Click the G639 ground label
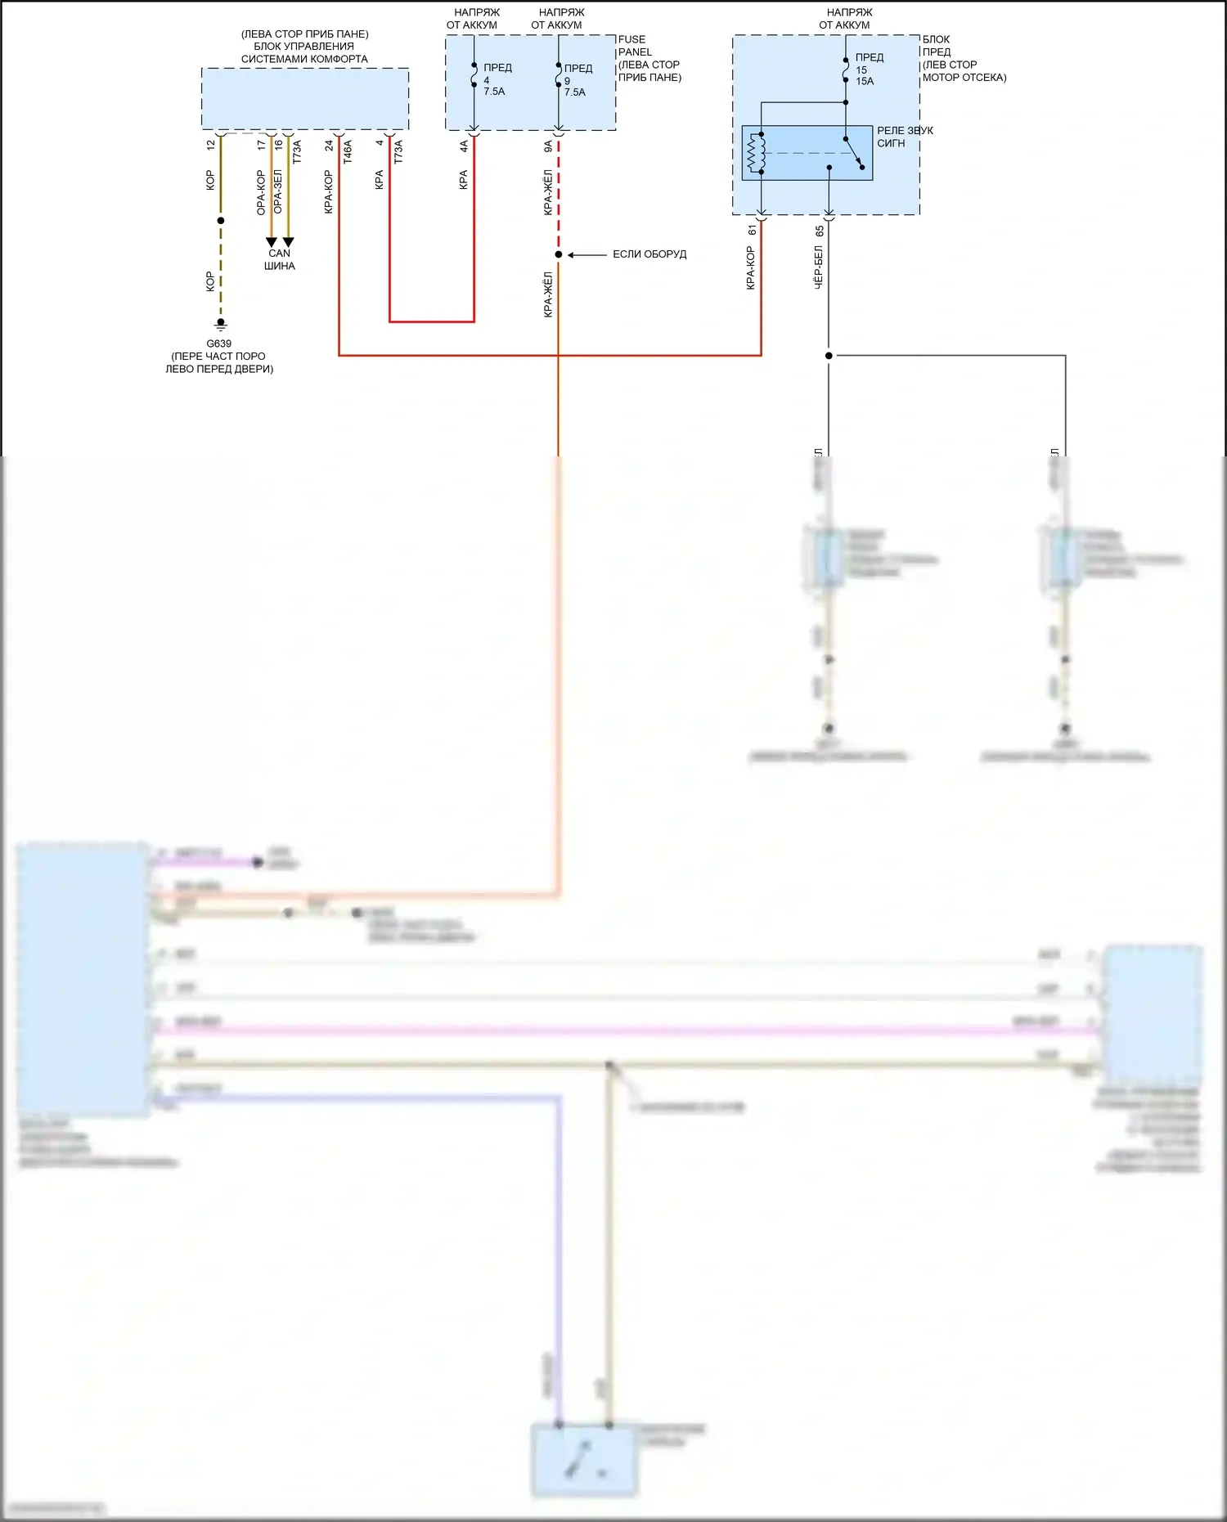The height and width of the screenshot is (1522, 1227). pos(218,343)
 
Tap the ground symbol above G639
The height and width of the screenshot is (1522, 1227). pos(220,325)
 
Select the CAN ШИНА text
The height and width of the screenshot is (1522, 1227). pos(280,259)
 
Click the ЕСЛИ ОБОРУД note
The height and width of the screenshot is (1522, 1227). pos(649,254)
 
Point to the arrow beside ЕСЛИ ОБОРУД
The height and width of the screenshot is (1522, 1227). pos(587,255)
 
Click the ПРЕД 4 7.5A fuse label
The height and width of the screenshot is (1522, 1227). pos(496,79)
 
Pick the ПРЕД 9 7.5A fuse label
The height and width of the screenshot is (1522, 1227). pos(577,80)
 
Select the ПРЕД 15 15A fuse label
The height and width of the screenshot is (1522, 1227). pos(868,70)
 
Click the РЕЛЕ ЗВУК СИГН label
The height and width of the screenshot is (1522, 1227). pos(904,137)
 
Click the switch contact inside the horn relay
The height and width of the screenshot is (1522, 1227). pos(854,155)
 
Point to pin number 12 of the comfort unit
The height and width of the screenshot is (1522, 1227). pos(211,145)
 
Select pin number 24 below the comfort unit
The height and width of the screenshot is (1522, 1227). pos(329,146)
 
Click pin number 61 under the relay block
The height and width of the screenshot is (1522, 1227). pos(752,231)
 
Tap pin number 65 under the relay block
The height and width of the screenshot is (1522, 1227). pos(819,231)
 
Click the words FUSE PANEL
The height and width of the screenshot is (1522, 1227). pos(635,46)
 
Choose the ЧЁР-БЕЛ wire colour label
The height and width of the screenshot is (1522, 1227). pos(818,267)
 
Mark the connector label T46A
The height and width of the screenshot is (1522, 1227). pos(348,152)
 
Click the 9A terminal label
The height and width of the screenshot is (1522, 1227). pos(548,146)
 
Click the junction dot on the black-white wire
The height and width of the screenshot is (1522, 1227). pos(829,356)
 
